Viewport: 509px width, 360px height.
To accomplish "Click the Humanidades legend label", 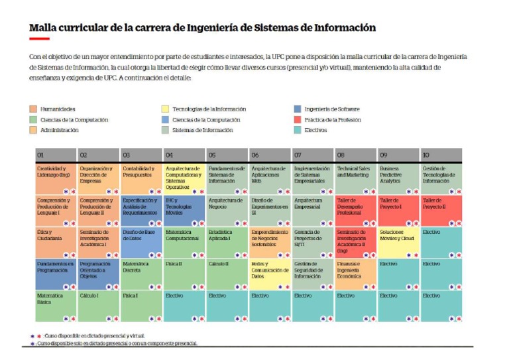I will click(x=58, y=109).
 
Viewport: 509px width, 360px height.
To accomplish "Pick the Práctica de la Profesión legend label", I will click(x=332, y=119).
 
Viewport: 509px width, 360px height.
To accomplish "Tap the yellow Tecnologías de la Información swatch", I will click(x=165, y=109).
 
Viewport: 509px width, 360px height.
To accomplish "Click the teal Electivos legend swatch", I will click(x=297, y=130).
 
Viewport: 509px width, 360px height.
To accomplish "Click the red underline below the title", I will click(x=39, y=39).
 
